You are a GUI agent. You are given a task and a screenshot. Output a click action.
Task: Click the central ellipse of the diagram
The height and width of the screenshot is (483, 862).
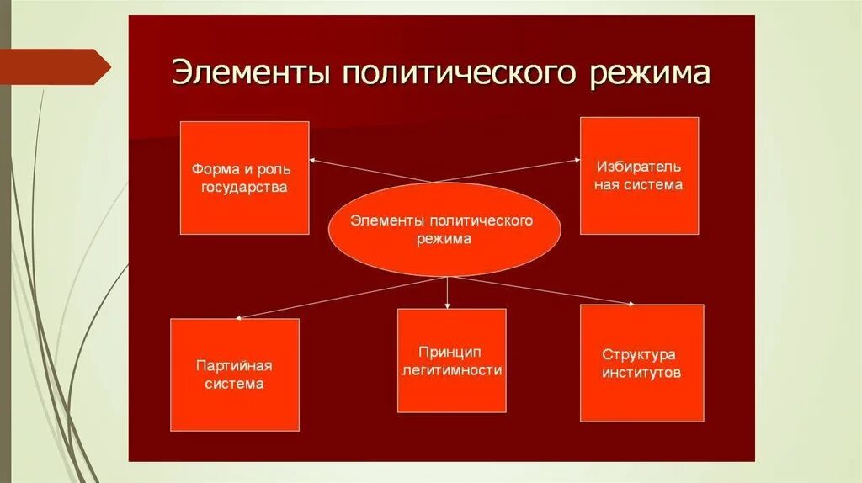click(x=443, y=229)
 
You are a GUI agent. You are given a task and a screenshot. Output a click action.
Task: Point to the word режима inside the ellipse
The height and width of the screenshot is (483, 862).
click(x=443, y=239)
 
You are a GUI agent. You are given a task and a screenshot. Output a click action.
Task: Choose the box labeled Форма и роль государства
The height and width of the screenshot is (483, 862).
click(x=244, y=178)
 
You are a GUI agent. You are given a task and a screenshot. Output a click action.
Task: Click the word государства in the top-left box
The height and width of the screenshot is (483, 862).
click(x=244, y=187)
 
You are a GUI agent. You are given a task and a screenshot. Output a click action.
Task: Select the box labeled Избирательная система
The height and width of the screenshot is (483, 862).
click(x=639, y=175)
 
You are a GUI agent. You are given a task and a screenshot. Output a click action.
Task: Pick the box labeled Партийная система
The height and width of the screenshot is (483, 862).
click(x=234, y=374)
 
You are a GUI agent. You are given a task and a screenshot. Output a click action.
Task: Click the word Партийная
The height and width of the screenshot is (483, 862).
click(x=234, y=365)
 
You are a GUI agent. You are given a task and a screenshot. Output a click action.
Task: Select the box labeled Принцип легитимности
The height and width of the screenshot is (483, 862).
click(x=451, y=360)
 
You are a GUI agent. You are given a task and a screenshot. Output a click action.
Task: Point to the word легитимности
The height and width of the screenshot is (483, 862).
click(x=452, y=369)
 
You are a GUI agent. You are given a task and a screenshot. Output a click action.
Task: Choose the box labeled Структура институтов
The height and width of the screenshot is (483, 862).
click(x=641, y=363)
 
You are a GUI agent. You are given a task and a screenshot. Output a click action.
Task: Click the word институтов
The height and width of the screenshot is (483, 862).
click(x=641, y=373)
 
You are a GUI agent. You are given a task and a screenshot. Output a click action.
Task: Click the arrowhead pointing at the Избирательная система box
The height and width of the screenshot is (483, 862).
click(x=577, y=157)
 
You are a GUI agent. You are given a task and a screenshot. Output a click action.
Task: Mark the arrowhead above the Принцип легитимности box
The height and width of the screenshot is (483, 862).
click(x=447, y=304)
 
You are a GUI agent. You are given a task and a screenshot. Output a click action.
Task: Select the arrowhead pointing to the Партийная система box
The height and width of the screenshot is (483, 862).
click(x=240, y=316)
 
